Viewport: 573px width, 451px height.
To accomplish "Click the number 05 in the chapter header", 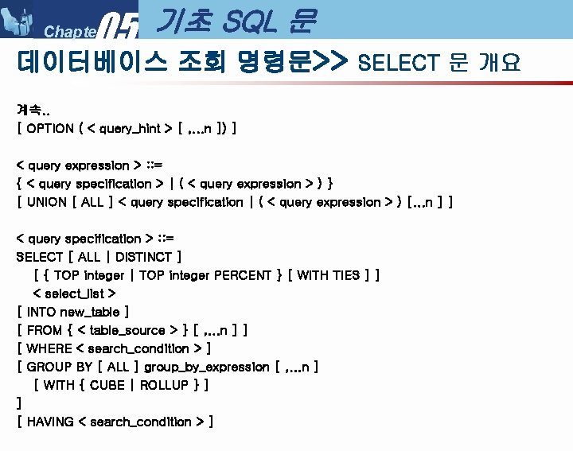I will coord(121,26).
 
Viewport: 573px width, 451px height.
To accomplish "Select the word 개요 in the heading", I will coord(499,63).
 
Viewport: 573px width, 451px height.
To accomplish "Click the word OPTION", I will coord(50,127).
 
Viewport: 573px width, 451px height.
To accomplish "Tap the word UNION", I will coord(47,202).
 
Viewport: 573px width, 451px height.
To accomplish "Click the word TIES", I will coord(345,275).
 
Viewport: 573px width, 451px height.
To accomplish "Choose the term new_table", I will coord(88,312).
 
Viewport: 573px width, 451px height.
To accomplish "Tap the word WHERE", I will coord(49,348).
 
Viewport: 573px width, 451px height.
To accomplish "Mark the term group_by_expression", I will coord(206,367).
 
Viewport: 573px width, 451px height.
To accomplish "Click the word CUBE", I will coord(107,385).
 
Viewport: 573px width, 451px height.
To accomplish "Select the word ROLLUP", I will coord(164,385).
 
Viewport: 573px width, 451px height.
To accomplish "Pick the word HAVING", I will coord(50,422).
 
